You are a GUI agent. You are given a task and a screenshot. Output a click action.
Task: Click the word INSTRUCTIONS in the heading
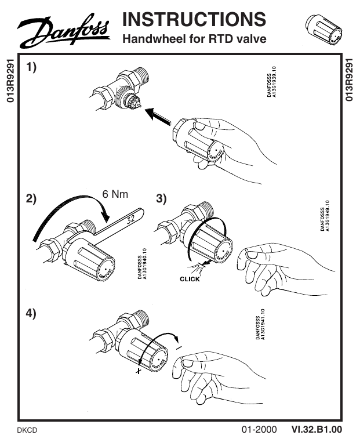[194, 19]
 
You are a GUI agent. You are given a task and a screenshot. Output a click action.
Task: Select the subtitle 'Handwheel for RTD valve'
[194, 39]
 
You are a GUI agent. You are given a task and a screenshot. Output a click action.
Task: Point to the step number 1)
[31, 68]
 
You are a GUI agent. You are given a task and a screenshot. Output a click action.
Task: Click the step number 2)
[31, 198]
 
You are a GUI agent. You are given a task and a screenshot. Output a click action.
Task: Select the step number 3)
[162, 198]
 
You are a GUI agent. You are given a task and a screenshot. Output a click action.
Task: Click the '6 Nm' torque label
[115, 194]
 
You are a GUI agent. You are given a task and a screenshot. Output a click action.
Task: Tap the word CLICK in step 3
[190, 279]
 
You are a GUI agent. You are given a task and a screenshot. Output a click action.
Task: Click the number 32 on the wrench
[130, 219]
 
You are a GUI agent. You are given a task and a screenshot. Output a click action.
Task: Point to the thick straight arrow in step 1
[158, 117]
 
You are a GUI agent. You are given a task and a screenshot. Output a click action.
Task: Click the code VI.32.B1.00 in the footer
[317, 430]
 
